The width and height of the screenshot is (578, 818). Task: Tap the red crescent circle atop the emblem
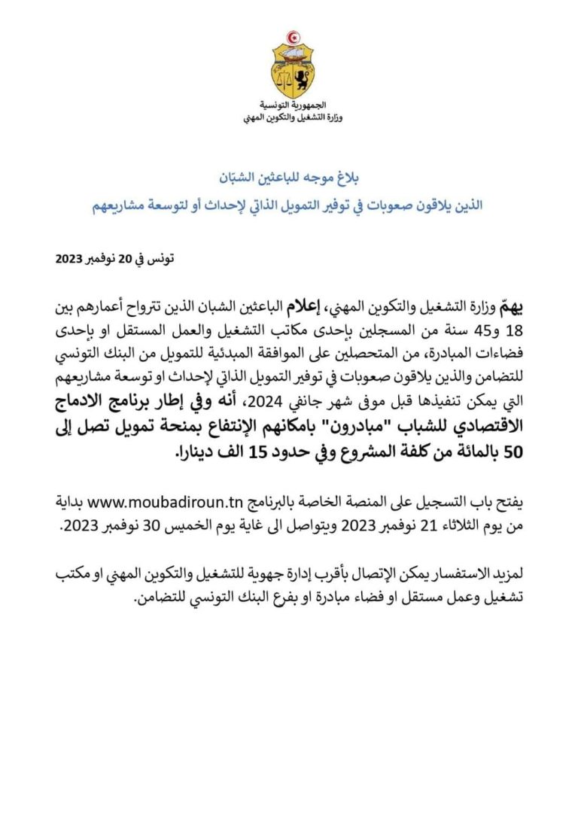pyautogui.click(x=293, y=37)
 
